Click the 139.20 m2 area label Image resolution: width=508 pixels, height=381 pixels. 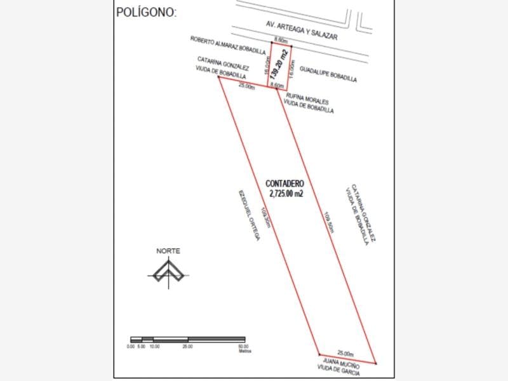coord(277,63)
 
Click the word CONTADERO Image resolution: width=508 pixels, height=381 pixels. coord(284,183)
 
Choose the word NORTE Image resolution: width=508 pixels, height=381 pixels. coord(168,251)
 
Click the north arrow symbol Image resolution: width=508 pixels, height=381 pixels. coord(168,274)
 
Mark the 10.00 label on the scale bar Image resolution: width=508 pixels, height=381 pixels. coord(154,346)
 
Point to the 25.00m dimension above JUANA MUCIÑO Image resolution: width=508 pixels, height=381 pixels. coord(345,353)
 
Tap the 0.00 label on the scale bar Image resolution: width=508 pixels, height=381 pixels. coord(130,346)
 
